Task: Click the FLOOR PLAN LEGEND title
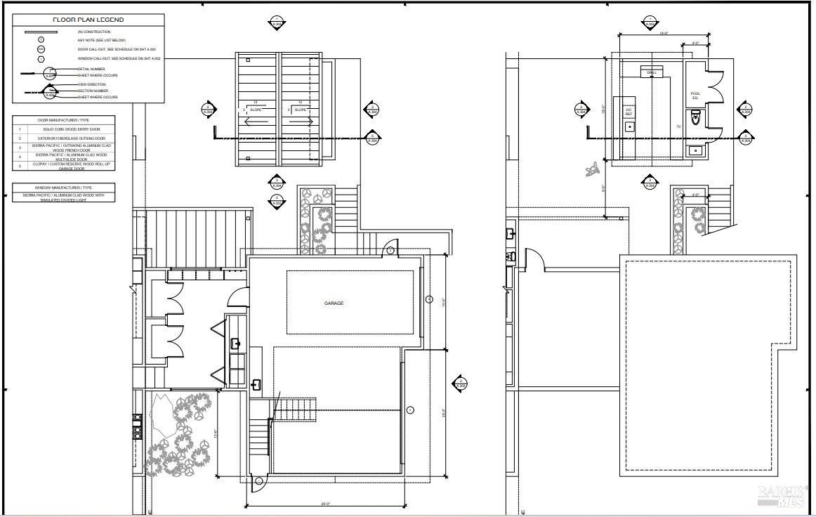(88, 20)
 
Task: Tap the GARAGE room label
(334, 303)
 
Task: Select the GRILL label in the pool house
(651, 72)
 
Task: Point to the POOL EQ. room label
(695, 96)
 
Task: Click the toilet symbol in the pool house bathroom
(696, 120)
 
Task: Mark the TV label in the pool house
(678, 127)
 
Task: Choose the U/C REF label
(629, 112)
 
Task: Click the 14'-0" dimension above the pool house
(643, 33)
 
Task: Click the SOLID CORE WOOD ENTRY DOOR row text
(70, 129)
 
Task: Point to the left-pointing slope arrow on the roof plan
(256, 122)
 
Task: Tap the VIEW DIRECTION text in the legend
(91, 84)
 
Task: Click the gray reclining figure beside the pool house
(593, 169)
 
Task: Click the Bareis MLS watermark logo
(780, 495)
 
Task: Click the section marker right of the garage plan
(460, 384)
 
